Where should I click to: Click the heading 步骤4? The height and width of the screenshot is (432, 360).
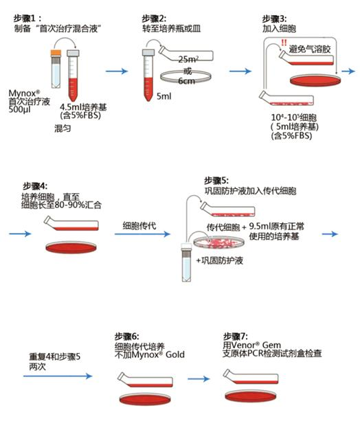37,186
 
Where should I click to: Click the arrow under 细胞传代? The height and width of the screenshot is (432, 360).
136,234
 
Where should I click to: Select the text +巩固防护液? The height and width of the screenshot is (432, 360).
225,262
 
